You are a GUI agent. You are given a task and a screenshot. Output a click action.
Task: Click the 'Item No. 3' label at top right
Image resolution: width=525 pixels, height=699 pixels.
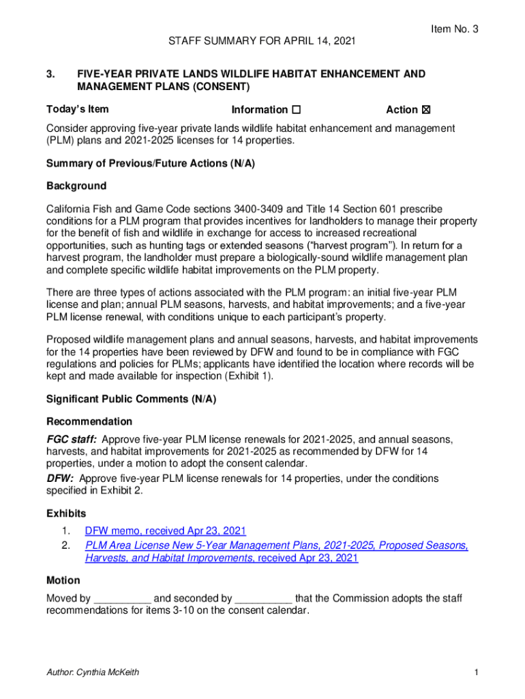454,29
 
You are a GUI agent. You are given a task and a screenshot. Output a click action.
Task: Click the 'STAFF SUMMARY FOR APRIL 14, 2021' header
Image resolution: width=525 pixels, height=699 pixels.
262,42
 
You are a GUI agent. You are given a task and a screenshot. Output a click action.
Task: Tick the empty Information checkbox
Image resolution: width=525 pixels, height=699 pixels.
296,110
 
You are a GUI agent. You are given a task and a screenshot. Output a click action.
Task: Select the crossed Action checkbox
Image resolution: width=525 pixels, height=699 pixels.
427,110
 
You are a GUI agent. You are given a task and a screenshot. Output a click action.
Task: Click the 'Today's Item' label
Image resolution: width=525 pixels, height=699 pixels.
77,109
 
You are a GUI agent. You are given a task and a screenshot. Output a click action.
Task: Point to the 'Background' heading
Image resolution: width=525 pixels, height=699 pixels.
76,186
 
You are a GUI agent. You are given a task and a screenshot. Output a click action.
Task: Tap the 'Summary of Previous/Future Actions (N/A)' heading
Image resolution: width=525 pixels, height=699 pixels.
150,163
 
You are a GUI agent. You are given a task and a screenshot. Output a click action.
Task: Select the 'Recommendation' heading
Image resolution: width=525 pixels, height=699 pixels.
89,421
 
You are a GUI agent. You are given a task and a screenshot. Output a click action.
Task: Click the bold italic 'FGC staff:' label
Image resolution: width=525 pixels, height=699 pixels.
71,439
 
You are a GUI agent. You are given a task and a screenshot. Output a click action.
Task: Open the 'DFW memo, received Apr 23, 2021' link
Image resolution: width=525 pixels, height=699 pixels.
166,530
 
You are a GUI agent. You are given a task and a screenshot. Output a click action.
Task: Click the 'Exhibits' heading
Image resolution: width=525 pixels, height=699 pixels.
66,513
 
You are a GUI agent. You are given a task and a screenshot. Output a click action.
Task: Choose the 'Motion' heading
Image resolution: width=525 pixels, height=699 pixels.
63,580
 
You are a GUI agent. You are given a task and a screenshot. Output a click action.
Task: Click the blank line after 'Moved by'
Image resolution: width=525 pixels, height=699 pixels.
122,599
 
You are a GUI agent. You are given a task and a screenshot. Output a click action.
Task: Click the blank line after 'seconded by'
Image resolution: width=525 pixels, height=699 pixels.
264,599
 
